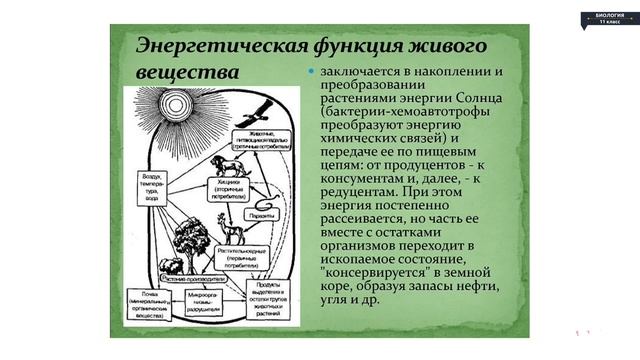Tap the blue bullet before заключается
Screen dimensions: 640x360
pyautogui.click(x=311, y=73)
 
